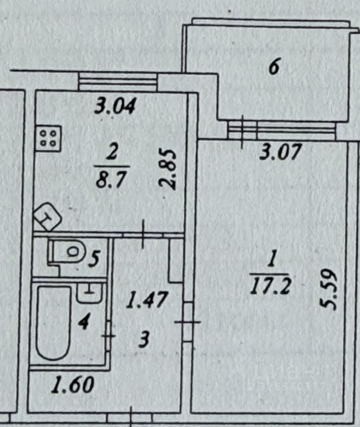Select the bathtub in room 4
point(54,323)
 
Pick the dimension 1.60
point(72,384)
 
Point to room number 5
point(93,258)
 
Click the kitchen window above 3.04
point(118,81)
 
